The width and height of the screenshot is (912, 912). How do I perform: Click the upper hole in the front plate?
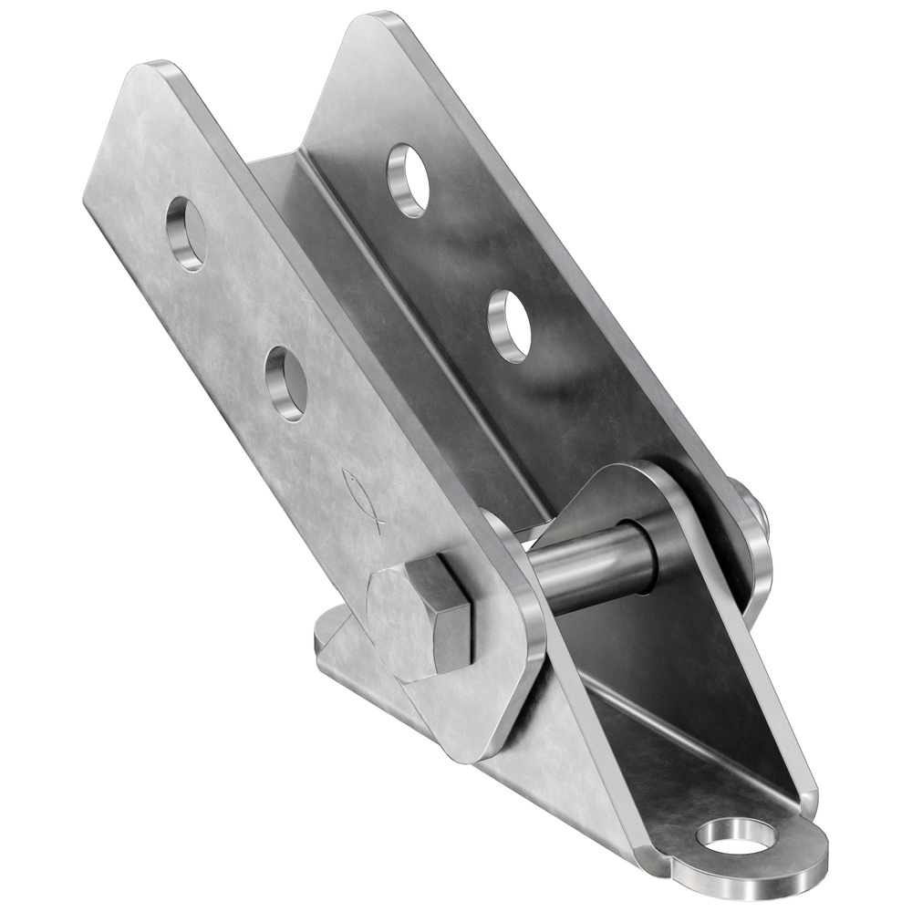coord(186,233)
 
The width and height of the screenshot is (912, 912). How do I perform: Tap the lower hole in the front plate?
coord(285,384)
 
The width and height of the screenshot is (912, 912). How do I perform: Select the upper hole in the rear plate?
coord(409,180)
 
